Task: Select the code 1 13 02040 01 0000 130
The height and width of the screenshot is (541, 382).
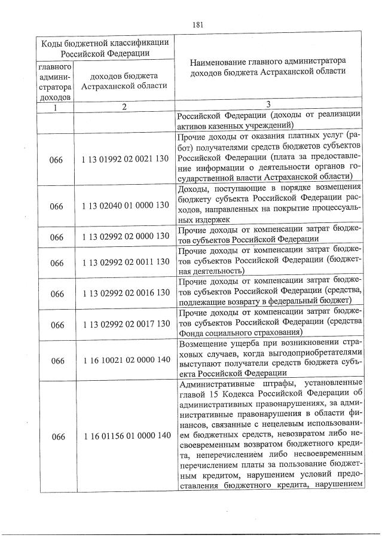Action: (x=123, y=206)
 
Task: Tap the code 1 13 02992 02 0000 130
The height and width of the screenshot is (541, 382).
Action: (x=123, y=237)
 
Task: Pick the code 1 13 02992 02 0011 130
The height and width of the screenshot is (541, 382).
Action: (x=123, y=262)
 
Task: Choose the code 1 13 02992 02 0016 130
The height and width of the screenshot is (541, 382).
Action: (x=123, y=294)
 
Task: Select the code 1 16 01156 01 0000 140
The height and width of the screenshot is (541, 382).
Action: (x=123, y=436)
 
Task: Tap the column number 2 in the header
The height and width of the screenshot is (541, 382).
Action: (x=123, y=106)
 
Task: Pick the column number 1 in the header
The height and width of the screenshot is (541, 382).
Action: (x=56, y=106)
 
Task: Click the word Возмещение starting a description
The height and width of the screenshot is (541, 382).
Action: (x=204, y=343)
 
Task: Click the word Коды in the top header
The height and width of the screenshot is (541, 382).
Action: (x=52, y=42)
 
